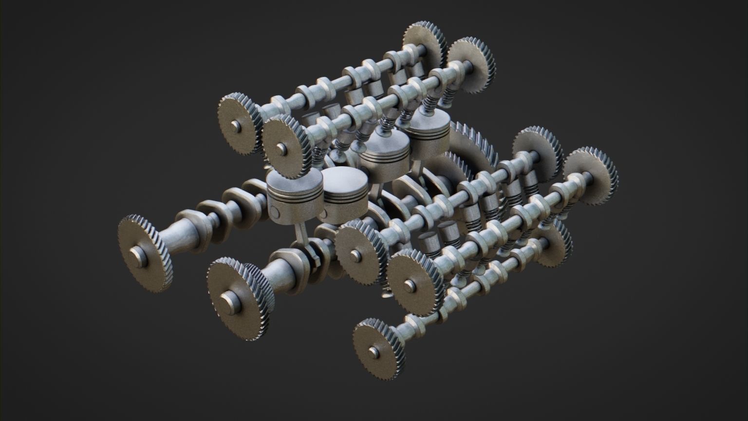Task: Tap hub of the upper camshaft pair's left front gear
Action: (x=236, y=126)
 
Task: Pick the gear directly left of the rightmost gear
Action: (x=536, y=151)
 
